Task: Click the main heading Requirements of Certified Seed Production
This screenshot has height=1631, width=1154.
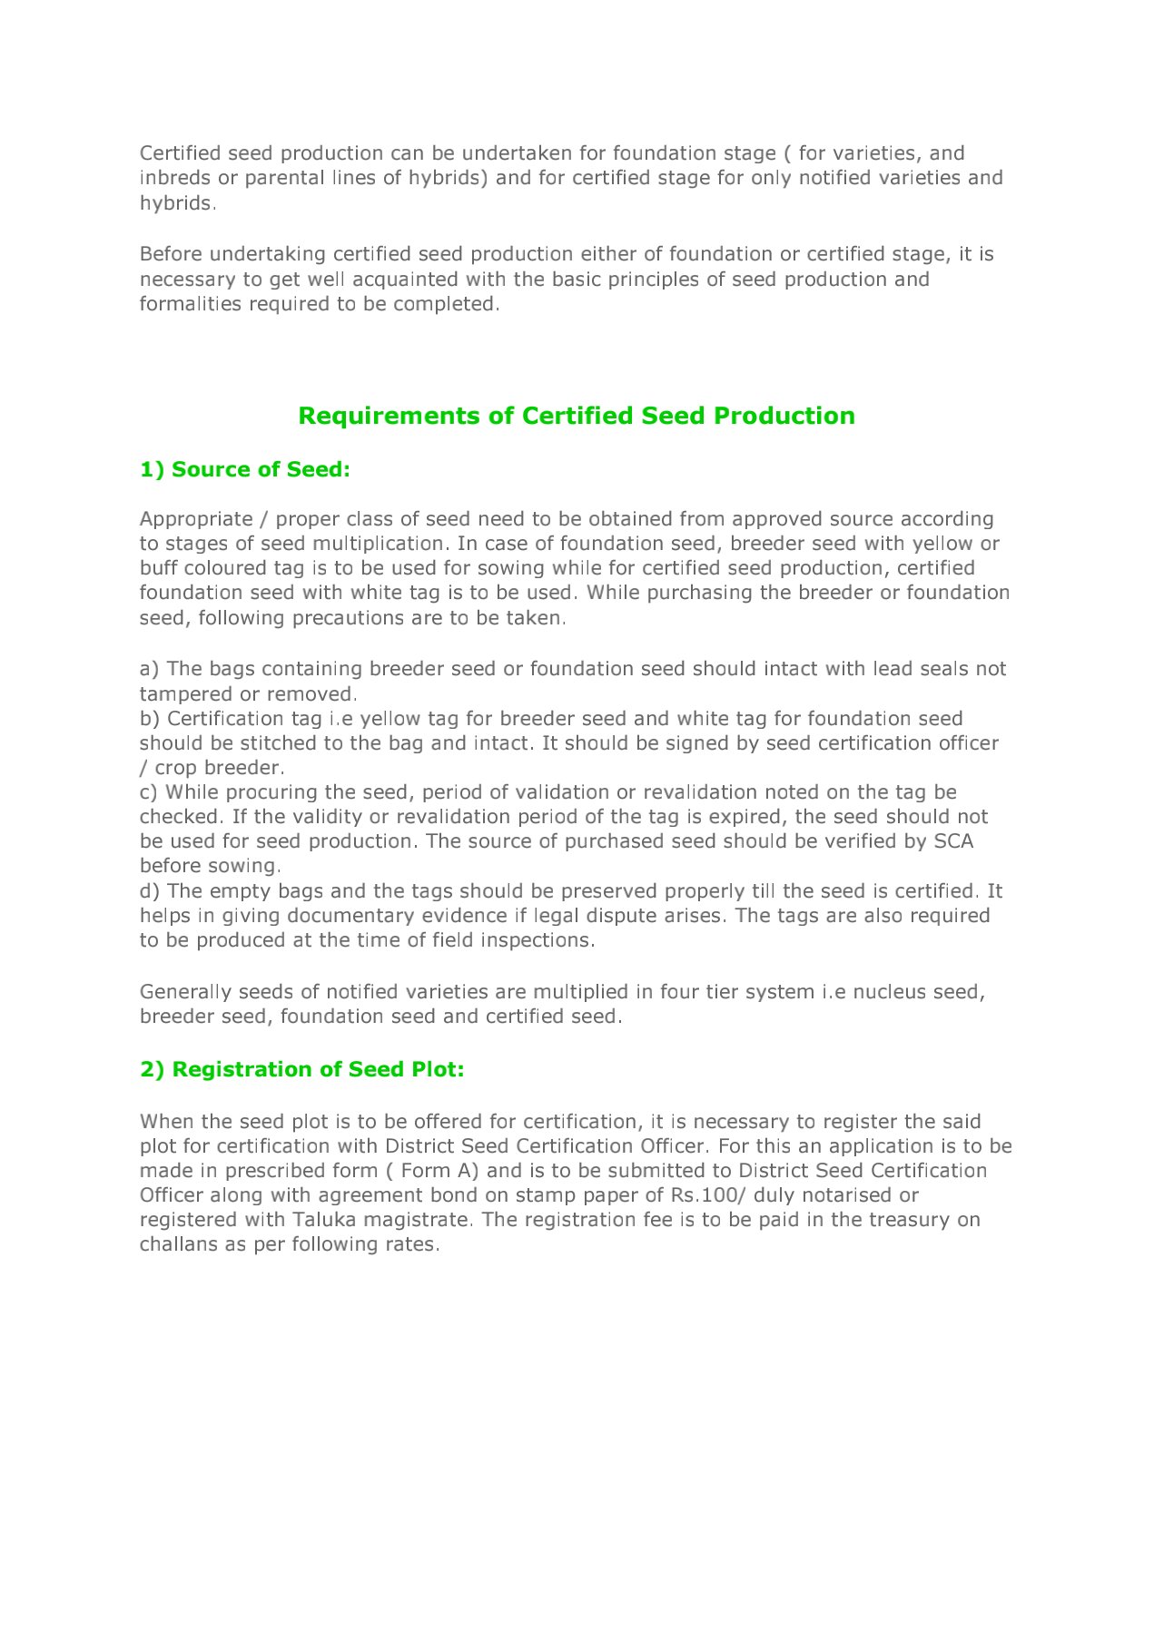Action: coord(577,416)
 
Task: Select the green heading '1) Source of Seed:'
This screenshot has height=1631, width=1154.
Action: coord(244,469)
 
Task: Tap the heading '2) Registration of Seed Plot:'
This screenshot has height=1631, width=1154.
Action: coord(301,1069)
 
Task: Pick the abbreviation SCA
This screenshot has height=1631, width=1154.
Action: coord(953,841)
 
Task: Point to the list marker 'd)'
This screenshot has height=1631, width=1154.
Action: coord(150,891)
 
